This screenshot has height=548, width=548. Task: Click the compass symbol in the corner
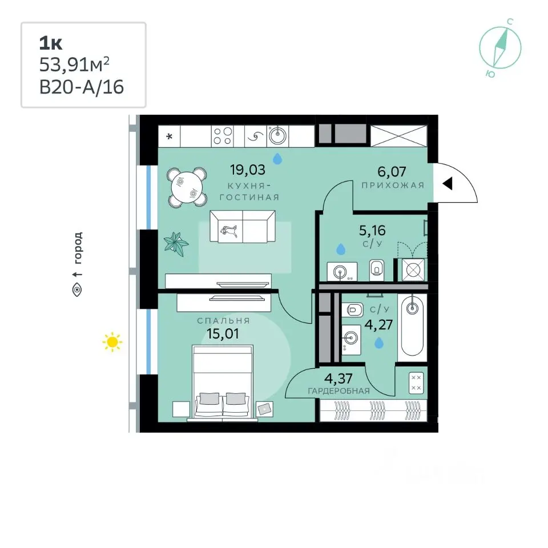[x=500, y=48]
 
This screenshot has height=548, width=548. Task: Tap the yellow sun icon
[x=112, y=342]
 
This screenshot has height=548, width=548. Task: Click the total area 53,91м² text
[x=74, y=65]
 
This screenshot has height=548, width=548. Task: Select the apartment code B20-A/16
[x=82, y=87]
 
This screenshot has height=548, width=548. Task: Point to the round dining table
[x=187, y=187]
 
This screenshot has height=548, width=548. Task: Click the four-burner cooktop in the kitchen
[x=223, y=136]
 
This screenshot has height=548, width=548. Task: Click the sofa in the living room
[x=242, y=227]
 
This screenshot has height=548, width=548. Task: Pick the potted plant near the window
[x=176, y=244]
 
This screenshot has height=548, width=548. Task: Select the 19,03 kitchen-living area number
[x=247, y=170]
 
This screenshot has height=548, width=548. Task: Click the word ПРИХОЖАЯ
[x=393, y=185]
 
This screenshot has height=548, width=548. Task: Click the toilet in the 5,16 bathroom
[x=377, y=270]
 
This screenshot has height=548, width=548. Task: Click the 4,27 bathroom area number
[x=378, y=325]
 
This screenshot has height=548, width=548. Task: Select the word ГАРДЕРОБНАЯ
[x=339, y=391]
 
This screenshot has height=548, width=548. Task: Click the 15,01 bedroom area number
[x=223, y=334]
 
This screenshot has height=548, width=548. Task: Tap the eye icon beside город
[x=77, y=290]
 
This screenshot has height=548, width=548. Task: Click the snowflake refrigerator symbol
[x=170, y=136]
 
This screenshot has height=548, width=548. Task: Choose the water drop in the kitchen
[x=277, y=159]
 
